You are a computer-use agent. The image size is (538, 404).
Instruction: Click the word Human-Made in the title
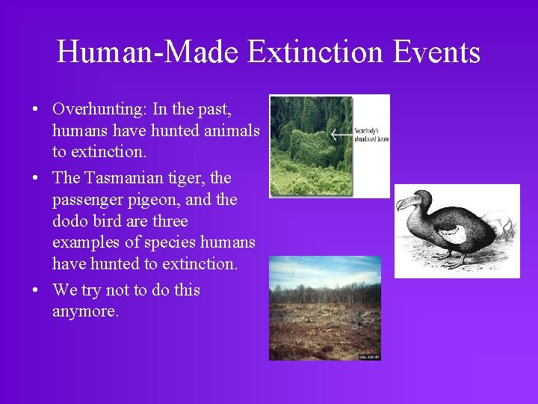pyautogui.click(x=148, y=52)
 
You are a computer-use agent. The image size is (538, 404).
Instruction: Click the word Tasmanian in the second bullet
pyautogui.click(x=123, y=178)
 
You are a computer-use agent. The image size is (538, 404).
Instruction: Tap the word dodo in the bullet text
pyautogui.click(x=70, y=221)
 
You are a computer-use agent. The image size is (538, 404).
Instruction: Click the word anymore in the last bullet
pyautogui.click(x=85, y=310)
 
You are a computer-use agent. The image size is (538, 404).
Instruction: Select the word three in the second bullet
pyautogui.click(x=168, y=221)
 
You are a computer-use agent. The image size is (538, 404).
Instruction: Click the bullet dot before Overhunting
pyautogui.click(x=35, y=110)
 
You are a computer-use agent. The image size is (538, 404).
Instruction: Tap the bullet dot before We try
pyautogui.click(x=35, y=290)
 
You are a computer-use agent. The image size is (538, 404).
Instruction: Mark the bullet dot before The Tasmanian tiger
pyautogui.click(x=35, y=179)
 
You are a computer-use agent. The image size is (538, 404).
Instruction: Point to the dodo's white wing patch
pyautogui.click(x=453, y=233)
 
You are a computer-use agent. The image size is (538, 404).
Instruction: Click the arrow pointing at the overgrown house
pyautogui.click(x=341, y=135)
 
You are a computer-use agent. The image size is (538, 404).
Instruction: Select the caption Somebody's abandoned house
pyautogui.click(x=371, y=135)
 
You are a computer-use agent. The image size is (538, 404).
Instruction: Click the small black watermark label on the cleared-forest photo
pyautogui.click(x=369, y=358)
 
